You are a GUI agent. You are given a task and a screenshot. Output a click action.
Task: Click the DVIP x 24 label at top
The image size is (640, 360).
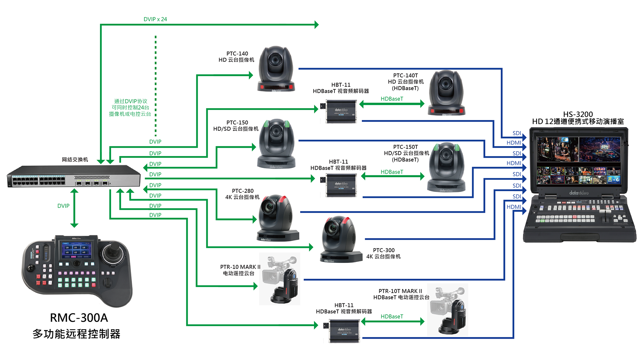[155, 19]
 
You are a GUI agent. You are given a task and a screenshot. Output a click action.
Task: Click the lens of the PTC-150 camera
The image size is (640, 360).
[276, 131]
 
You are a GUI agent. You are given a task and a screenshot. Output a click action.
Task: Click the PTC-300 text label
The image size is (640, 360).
[383, 250]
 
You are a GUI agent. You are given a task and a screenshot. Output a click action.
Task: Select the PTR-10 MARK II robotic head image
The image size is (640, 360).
[280, 279]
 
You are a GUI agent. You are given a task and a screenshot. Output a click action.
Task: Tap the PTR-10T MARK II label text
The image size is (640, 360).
[400, 291]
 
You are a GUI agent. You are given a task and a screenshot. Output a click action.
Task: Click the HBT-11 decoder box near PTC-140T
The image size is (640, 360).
[341, 111]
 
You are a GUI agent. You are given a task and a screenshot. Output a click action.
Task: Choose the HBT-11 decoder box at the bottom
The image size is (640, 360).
[343, 331]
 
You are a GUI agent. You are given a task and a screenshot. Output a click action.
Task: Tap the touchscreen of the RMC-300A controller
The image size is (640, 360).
[76, 250]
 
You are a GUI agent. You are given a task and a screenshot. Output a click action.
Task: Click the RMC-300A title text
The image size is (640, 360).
[79, 318]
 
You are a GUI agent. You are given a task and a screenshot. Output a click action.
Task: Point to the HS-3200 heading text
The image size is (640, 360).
[578, 114]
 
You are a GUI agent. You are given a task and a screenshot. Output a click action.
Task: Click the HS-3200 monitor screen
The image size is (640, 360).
[578, 160]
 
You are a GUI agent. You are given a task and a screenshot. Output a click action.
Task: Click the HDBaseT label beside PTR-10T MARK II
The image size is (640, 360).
[392, 316]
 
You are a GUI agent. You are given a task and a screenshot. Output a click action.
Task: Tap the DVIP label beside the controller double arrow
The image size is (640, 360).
[63, 206]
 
